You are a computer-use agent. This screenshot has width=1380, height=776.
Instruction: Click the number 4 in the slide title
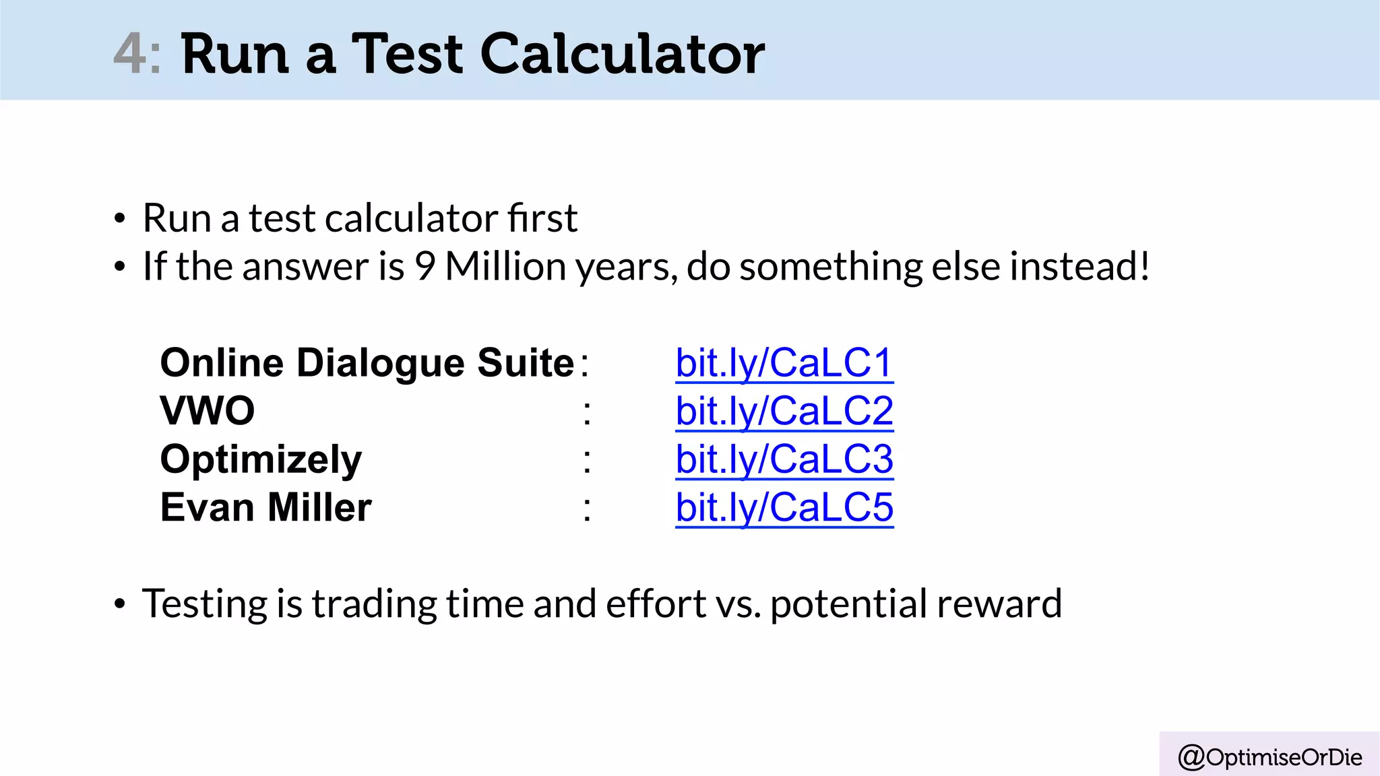(130, 54)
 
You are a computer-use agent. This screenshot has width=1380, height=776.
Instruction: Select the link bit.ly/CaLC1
(784, 363)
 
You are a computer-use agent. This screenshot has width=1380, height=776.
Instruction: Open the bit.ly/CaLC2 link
(784, 411)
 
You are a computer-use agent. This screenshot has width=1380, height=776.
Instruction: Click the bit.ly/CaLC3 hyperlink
(784, 459)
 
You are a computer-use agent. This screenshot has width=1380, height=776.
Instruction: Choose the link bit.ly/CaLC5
(784, 507)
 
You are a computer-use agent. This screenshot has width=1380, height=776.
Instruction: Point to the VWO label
(208, 411)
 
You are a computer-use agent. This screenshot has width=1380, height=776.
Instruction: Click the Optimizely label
(261, 460)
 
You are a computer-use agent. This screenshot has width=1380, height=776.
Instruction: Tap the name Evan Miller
(265, 507)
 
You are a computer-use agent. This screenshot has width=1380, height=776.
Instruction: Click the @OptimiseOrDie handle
(1270, 757)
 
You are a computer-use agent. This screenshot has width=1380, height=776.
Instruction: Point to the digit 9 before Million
(425, 267)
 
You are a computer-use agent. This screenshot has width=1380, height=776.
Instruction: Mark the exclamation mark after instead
(1143, 267)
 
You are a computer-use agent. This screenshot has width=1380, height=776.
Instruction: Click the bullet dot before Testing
(120, 604)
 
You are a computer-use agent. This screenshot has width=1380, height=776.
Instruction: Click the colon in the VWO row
(587, 412)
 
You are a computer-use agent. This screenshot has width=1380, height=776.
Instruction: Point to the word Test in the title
(407, 54)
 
